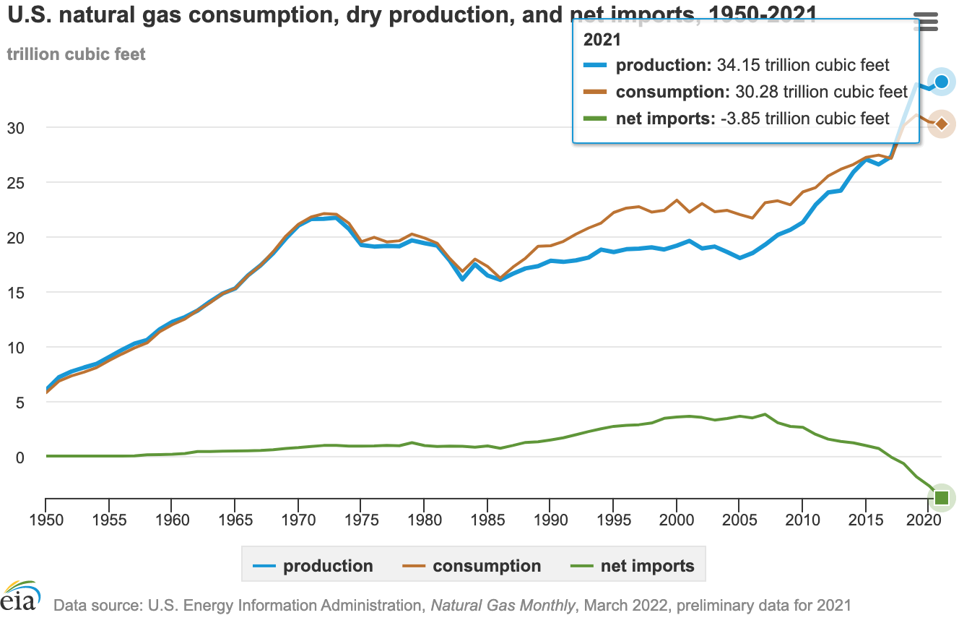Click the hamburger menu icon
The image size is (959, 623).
coord(926,21)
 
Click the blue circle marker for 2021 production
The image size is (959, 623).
coord(942,82)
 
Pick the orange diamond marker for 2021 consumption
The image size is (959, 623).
coord(942,124)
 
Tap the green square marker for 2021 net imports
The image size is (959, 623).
coord(942,497)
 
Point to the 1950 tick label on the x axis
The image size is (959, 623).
coord(46,521)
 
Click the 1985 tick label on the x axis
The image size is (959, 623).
coord(487,521)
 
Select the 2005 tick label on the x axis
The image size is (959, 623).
coord(739,521)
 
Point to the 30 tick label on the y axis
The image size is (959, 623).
coord(26,128)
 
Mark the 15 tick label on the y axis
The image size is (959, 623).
coord(26,293)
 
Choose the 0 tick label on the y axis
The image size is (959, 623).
coord(30,457)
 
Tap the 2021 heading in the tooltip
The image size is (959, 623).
coord(602,41)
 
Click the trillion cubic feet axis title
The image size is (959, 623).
coord(76,54)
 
